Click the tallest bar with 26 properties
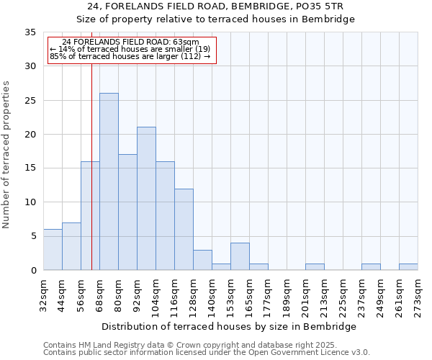(109, 181)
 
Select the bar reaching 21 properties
(146, 199)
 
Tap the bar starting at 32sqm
(53, 250)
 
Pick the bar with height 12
(184, 229)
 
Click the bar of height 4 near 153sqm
(240, 256)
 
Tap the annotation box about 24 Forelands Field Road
(131, 50)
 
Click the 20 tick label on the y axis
(30, 135)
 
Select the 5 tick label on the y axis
(33, 236)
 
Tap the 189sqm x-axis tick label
(287, 294)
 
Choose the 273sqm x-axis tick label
(418, 294)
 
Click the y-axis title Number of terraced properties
(6, 154)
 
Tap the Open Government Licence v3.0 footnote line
(207, 352)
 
